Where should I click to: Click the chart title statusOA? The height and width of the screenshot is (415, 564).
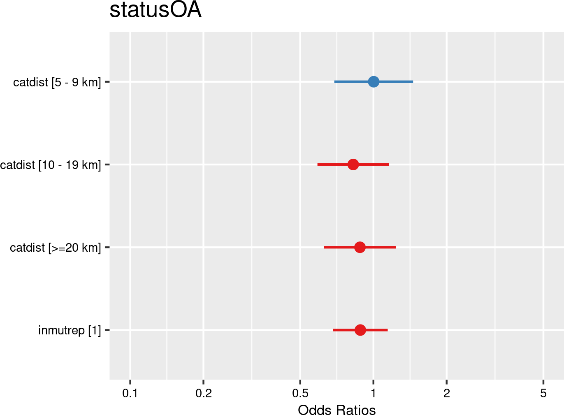(x=155, y=10)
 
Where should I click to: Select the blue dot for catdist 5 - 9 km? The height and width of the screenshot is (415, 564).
(x=373, y=82)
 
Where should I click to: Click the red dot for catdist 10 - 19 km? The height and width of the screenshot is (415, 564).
(x=353, y=165)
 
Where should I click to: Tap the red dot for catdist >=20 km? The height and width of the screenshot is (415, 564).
(x=360, y=247)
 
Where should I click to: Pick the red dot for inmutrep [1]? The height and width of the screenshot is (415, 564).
(x=360, y=330)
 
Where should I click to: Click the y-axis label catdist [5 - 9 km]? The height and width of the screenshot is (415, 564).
(x=57, y=82)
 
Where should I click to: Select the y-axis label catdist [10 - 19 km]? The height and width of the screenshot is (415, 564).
(x=50, y=165)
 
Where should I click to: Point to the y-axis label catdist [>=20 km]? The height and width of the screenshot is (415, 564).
(x=55, y=248)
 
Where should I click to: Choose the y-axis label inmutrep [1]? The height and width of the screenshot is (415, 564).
(x=69, y=330)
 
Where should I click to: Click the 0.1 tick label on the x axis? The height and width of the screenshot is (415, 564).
(x=130, y=394)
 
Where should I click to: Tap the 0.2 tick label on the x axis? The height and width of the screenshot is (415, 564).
(x=203, y=394)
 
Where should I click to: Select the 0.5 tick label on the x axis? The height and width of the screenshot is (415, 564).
(x=300, y=394)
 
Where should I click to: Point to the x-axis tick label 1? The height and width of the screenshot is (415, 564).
(x=373, y=394)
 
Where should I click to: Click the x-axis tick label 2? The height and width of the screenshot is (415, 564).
(x=447, y=394)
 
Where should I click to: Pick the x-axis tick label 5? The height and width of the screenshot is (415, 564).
(x=543, y=394)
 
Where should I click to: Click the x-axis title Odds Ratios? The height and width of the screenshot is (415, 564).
(x=337, y=410)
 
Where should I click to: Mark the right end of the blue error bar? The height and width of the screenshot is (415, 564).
(x=413, y=82)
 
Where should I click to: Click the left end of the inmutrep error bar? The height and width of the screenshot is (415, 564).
(x=333, y=330)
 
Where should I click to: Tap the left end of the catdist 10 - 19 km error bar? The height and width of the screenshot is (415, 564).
(x=318, y=165)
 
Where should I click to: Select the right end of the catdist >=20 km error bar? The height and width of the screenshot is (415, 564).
(x=396, y=247)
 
